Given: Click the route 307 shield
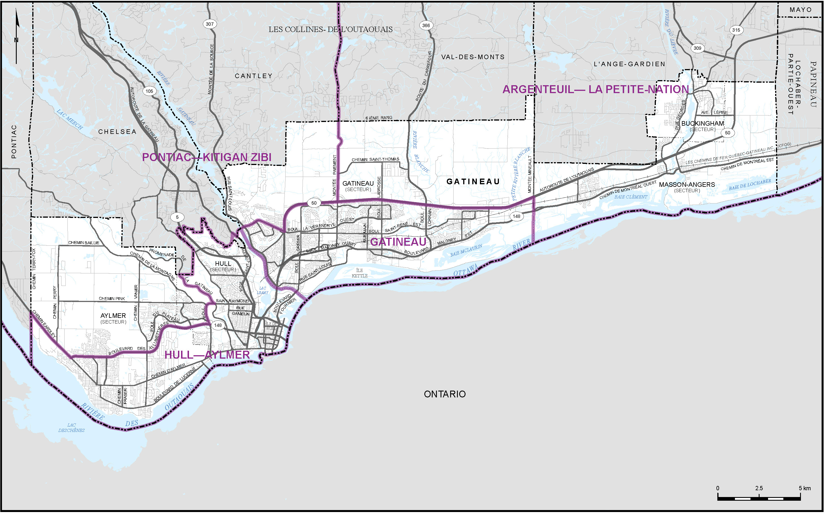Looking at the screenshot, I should point(210,24).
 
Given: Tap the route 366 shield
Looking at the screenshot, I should point(426,25).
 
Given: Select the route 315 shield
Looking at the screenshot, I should point(736,30).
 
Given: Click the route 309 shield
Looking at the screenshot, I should point(698,48).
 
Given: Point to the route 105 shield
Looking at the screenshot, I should point(149,91).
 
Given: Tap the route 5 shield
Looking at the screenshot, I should point(177,217).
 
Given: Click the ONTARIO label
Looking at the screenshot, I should point(445,394).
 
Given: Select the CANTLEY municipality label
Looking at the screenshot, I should point(254,76).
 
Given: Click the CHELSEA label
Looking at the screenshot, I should point(117,132).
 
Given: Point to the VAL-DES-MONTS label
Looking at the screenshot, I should point(473,57).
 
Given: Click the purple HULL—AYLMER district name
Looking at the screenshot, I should point(207,355).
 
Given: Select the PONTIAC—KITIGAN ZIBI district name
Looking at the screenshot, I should point(207,157).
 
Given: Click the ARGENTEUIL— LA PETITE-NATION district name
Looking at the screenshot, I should point(595,89).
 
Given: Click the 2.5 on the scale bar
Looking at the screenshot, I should point(759,488).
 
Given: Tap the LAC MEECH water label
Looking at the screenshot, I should point(70,120).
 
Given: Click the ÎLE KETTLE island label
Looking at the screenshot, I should point(360,273).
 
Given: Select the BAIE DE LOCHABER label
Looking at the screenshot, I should point(750,185).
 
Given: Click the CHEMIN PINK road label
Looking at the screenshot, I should point(112,299).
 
